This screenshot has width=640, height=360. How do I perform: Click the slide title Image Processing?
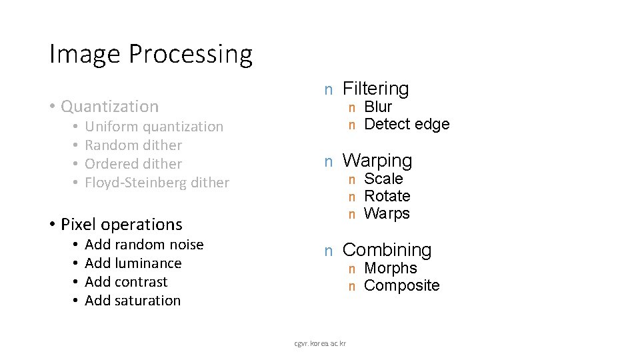point(151,54)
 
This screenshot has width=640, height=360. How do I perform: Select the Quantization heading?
point(109,107)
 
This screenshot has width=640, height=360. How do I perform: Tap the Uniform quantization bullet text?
point(154,127)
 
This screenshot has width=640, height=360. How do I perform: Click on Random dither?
point(133,145)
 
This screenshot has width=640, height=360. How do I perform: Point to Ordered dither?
point(133,164)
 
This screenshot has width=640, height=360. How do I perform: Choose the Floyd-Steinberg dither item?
point(157,183)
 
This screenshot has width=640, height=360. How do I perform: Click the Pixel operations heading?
point(121,224)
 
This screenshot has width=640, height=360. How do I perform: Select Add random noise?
point(144,245)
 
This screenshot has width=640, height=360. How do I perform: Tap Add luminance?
point(133,263)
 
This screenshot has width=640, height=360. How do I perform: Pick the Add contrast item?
point(126,282)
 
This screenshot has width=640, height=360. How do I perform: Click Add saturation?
point(133,301)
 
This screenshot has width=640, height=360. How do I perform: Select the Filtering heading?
point(375,89)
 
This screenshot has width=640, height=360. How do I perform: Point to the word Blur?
point(378,107)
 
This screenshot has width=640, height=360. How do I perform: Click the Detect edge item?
point(407,124)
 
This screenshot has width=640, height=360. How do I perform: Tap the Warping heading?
point(377,161)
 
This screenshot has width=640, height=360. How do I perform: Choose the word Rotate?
point(387,196)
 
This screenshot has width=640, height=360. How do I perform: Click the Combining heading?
point(387,250)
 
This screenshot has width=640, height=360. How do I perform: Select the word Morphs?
point(391,268)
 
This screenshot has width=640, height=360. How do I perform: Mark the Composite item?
point(402,285)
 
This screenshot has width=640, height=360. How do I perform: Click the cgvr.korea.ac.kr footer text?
point(320,343)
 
